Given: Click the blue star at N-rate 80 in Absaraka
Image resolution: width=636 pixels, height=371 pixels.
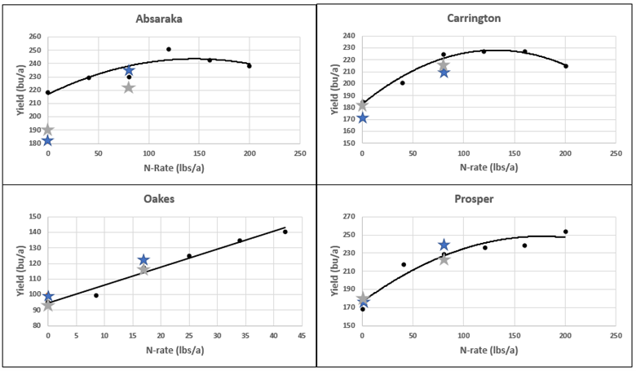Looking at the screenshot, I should click(x=129, y=70).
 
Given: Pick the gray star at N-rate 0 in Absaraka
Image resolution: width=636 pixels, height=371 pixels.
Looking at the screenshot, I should click(x=48, y=130).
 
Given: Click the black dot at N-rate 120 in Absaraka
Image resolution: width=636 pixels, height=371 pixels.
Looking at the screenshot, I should click(x=169, y=49).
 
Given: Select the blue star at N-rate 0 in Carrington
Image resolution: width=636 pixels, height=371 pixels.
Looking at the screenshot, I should click(x=362, y=118).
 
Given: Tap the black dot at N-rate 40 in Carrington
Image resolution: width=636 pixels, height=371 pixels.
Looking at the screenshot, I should click(x=403, y=82).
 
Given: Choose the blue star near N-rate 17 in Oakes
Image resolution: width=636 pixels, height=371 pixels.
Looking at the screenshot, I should click(x=144, y=260).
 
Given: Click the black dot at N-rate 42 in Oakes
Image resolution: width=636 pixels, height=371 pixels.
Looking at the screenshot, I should click(x=285, y=232).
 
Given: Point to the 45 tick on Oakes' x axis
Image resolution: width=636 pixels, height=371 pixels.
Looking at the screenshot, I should click(x=302, y=335).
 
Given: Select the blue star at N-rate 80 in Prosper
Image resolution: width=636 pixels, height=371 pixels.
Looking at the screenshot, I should click(x=444, y=245).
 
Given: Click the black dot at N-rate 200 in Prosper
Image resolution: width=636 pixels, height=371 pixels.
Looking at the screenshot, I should click(x=565, y=232).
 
